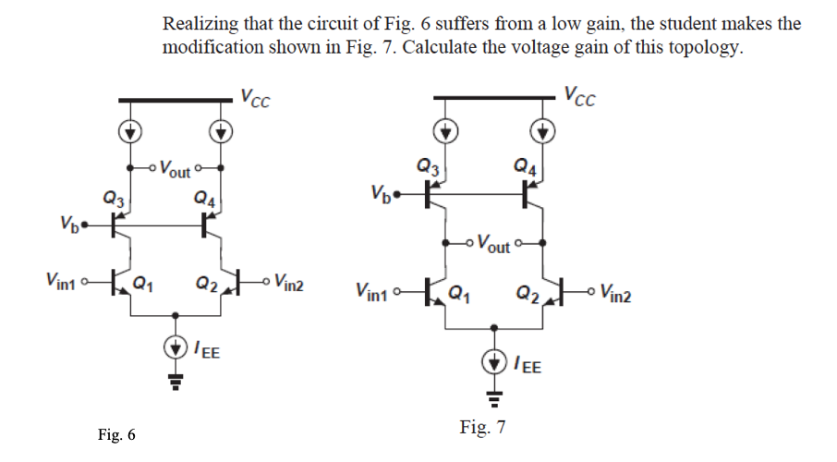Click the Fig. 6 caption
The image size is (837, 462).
(117, 435)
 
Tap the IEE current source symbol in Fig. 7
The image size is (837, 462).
(497, 361)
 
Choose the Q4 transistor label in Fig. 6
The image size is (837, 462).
(205, 196)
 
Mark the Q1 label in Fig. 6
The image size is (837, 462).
(143, 283)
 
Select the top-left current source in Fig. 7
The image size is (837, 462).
(446, 131)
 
